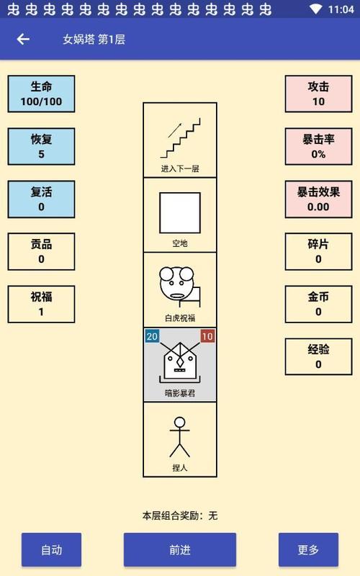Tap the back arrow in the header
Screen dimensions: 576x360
click(x=23, y=39)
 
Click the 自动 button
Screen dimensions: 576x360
click(x=51, y=550)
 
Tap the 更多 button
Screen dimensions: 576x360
click(x=308, y=550)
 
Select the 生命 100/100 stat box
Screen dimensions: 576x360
click(x=41, y=94)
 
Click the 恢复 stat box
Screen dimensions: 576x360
click(x=41, y=146)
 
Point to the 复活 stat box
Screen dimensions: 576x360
click(x=41, y=199)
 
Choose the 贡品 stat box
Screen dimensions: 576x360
click(x=41, y=251)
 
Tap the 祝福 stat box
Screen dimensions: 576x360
click(x=41, y=304)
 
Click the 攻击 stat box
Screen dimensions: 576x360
click(x=318, y=94)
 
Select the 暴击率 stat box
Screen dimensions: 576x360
click(x=318, y=146)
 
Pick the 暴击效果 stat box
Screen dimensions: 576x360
click(x=318, y=199)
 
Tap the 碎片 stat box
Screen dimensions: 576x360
click(x=318, y=251)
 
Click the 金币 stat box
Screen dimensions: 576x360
click(x=318, y=304)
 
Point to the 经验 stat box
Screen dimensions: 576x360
click(x=318, y=356)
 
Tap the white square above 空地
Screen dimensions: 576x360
click(x=180, y=212)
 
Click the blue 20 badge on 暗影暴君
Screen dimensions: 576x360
click(x=153, y=336)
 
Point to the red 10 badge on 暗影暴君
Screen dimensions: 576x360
click(x=207, y=336)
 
